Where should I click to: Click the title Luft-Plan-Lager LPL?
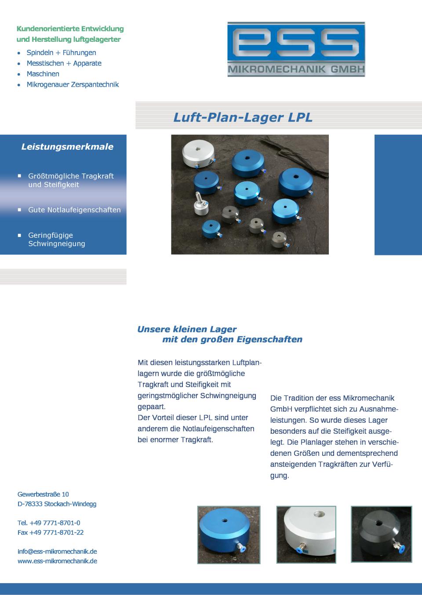pyautogui.click(x=243, y=117)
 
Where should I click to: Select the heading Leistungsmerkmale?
pyautogui.click(x=67, y=147)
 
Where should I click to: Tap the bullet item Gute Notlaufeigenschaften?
pyautogui.click(x=74, y=210)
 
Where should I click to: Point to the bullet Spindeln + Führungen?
pyautogui.click(x=61, y=52)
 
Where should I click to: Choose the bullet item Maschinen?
pyautogui.click(x=43, y=74)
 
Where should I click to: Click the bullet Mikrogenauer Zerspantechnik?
pyautogui.click(x=73, y=84)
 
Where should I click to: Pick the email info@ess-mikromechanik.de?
pyautogui.click(x=57, y=551)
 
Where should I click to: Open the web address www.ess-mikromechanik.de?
pyautogui.click(x=57, y=561)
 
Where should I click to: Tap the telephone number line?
pyautogui.click(x=49, y=523)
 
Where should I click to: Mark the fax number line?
pyautogui.click(x=51, y=532)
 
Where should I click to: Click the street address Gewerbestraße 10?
pyautogui.click(x=43, y=494)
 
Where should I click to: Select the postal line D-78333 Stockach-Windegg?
pyautogui.click(x=57, y=504)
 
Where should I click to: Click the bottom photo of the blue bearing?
pyautogui.click(x=229, y=535)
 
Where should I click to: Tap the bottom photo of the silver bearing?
pyautogui.click(x=306, y=535)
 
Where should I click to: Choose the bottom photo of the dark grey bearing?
pyautogui.click(x=381, y=534)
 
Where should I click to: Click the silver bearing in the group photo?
pyautogui.click(x=198, y=154)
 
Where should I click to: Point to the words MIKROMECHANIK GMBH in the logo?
pyautogui.click(x=296, y=70)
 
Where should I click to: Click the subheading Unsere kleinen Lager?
pyautogui.click(x=187, y=329)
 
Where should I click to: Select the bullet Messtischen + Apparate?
pyautogui.click(x=64, y=63)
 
